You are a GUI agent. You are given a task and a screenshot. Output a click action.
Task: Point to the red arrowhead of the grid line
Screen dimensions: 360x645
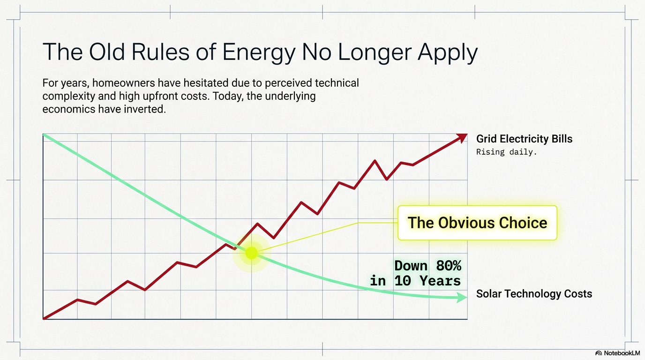[x=462, y=137]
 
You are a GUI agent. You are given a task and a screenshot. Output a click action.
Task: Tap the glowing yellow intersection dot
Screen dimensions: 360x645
[x=252, y=253]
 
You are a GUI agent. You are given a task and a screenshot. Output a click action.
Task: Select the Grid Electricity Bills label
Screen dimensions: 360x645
[x=524, y=139]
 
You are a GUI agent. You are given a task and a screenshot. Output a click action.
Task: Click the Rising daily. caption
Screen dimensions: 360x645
[x=506, y=152]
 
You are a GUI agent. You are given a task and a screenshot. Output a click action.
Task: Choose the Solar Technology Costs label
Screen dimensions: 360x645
[x=534, y=294]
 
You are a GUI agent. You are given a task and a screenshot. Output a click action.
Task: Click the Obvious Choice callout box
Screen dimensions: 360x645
[x=477, y=223]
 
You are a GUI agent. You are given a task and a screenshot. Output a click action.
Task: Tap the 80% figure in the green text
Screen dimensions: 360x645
[x=449, y=266]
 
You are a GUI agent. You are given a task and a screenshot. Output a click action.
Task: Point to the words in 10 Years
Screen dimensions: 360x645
[x=415, y=281]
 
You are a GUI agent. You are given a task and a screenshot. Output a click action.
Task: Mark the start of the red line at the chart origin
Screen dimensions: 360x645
[x=44, y=318]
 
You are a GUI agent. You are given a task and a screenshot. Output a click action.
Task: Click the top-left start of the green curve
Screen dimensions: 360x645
[x=44, y=135]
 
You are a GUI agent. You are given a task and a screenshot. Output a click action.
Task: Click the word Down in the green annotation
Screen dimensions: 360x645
[x=411, y=266]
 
